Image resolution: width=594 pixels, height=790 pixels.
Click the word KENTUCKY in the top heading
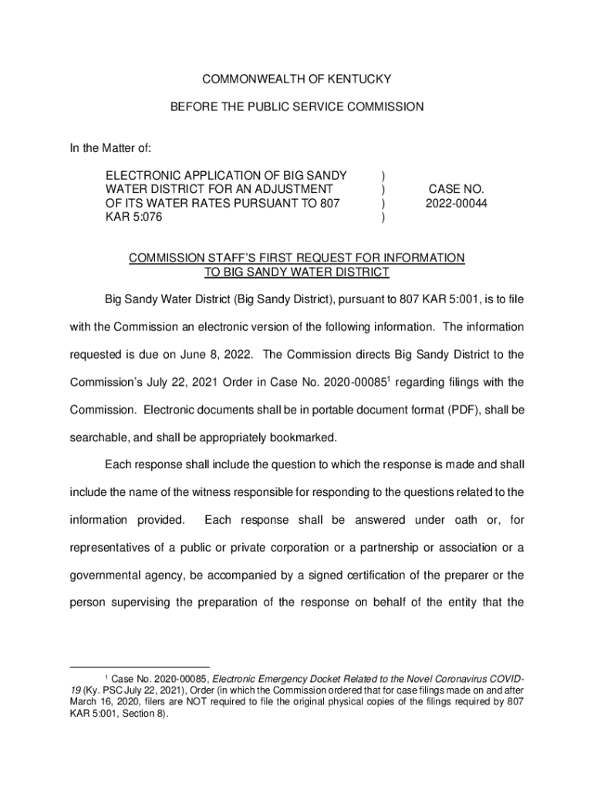(359, 79)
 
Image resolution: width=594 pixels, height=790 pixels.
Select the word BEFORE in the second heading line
(191, 107)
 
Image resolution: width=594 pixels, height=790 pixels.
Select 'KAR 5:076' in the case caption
(134, 217)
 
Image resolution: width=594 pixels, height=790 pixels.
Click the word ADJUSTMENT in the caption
(299, 189)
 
